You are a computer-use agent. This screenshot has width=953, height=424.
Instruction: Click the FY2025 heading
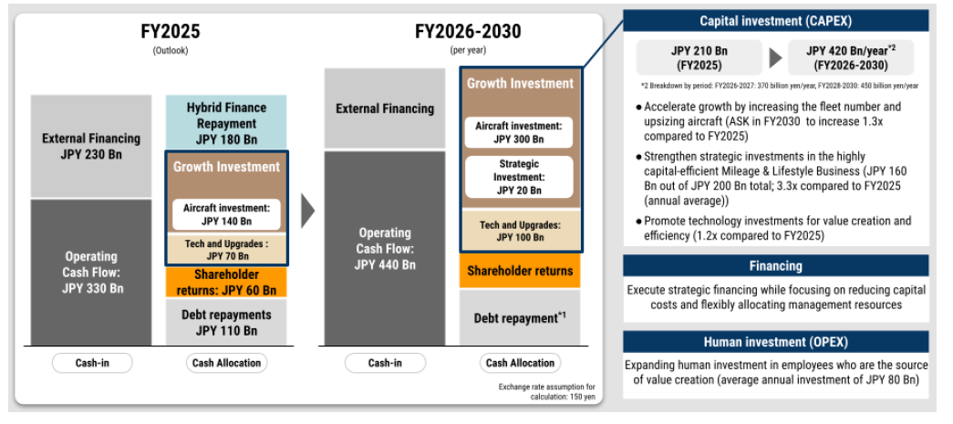[170, 31]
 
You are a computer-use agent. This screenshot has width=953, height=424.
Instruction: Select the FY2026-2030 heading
[468, 31]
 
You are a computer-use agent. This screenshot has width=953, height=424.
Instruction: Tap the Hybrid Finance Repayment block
[226, 123]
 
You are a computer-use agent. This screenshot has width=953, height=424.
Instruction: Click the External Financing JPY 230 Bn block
[91, 147]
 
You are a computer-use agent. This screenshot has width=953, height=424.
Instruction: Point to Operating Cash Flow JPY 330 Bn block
[91, 272]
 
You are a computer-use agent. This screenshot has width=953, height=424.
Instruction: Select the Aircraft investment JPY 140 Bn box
[226, 214]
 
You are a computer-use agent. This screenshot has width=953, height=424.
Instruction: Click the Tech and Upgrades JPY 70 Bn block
[226, 250]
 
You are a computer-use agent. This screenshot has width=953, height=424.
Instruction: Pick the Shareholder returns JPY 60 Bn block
[226, 282]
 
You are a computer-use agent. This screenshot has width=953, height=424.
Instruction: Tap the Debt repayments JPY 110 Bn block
[226, 322]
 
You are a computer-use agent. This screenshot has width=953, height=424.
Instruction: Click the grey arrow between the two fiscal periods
[308, 212]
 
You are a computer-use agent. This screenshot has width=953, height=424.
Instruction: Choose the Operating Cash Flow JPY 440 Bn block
[385, 248]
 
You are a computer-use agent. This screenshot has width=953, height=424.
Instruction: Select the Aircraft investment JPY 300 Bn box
[519, 132]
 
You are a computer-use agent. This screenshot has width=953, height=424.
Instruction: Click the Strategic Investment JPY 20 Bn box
[519, 177]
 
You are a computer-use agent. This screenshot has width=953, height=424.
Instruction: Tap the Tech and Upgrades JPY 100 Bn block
[520, 230]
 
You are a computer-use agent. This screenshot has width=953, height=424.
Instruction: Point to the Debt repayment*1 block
[520, 317]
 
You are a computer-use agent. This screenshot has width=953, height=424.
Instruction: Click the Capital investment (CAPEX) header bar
[775, 21]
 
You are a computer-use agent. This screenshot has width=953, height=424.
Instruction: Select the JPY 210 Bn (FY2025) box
[699, 57]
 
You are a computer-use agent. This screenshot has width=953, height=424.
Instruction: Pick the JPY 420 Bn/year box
[850, 57]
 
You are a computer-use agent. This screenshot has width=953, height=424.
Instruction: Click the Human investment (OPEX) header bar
[775, 341]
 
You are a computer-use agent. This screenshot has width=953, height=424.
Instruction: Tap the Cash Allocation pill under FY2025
[226, 363]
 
